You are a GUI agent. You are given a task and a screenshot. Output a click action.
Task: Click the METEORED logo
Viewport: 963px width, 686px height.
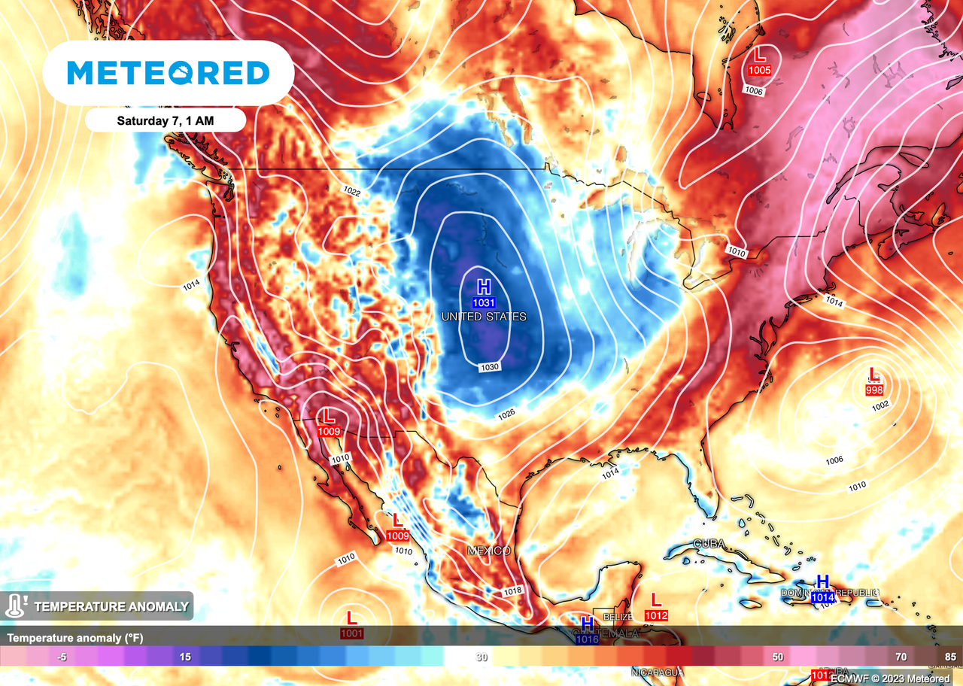168,73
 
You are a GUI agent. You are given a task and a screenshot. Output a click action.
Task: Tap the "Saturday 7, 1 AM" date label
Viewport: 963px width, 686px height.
166,120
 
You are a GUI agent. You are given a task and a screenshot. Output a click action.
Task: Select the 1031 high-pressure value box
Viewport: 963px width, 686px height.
484,302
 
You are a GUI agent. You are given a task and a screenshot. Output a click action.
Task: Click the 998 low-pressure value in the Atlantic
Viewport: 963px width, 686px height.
874,389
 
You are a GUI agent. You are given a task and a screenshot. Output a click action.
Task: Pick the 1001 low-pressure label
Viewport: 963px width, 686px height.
351,633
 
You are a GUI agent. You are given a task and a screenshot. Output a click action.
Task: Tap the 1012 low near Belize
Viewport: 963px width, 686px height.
656,615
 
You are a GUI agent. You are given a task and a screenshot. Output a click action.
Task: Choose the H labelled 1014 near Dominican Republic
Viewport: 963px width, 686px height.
822,581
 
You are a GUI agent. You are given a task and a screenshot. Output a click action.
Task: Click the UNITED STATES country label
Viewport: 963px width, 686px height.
483,317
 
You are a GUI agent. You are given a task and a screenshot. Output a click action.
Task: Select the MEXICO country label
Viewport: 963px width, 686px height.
489,551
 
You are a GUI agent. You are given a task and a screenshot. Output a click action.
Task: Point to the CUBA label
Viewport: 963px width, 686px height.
709,544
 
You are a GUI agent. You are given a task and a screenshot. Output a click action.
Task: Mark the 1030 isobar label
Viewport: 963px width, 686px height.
489,366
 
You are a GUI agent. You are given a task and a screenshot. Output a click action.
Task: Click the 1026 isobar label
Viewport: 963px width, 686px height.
506,414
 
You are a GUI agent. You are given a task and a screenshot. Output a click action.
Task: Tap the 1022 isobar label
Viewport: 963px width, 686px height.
351,193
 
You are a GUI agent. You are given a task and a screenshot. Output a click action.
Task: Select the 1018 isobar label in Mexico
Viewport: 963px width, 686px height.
512,591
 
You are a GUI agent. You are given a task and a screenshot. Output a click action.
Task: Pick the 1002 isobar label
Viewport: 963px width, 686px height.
881,405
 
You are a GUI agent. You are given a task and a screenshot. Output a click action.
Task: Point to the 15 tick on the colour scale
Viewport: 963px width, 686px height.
185,657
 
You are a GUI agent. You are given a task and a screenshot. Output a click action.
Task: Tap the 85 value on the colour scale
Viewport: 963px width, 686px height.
950,657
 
